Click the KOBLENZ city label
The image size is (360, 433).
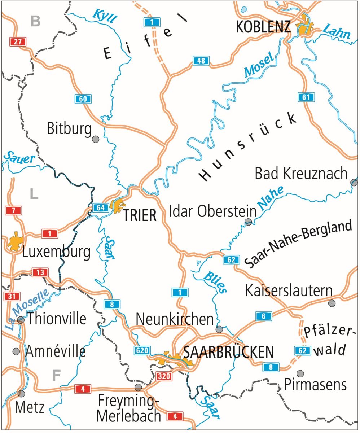tap(263, 27)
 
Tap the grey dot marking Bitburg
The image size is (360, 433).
tap(96, 139)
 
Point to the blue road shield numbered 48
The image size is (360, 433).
tap(201, 61)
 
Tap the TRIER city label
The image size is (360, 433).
tap(140, 215)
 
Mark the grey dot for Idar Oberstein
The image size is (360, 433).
tap(248, 222)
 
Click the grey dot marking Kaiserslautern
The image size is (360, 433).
tap(332, 303)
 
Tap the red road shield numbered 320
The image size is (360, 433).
tap(164, 376)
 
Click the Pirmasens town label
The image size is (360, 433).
tap(315, 385)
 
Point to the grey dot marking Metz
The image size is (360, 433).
tap(21, 393)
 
